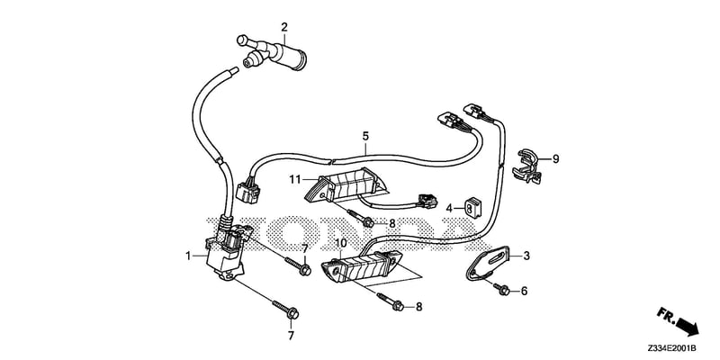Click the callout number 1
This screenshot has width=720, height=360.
coord(188,256)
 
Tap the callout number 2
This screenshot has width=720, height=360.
coord(284,27)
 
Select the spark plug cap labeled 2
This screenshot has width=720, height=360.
coord(271,51)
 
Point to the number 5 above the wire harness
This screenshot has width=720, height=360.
coord(365,137)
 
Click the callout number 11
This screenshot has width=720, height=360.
coord(294,177)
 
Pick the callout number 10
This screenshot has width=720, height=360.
coord(341,243)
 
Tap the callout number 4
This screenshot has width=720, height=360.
coord(449,209)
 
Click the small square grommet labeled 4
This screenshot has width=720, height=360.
coord(472,207)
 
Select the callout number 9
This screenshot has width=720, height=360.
coord(555,159)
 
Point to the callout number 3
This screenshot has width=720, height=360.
coord(526,256)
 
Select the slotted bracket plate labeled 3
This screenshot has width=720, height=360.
coord(488,264)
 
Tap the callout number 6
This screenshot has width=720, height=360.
coord(524,291)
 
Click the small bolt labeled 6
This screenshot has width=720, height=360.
coord(501,288)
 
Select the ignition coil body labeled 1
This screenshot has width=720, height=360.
coord(224,253)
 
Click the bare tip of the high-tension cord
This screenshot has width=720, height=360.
coord(233,71)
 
